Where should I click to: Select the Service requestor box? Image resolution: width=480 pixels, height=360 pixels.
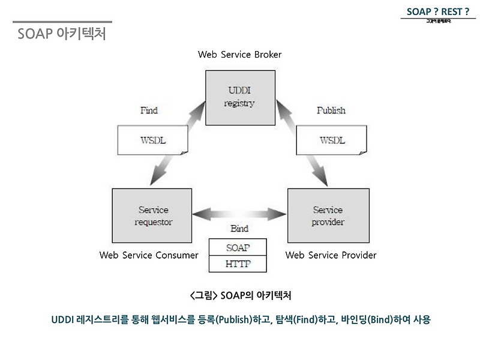pyautogui.click(x=154, y=216)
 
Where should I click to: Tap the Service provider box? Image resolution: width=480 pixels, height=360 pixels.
pyautogui.click(x=328, y=216)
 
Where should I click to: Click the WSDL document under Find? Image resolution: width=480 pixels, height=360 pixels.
pyautogui.click(x=153, y=140)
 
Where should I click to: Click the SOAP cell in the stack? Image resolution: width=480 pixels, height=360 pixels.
pyautogui.click(x=238, y=247)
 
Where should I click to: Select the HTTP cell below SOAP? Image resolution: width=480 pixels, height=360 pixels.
pyautogui.click(x=238, y=263)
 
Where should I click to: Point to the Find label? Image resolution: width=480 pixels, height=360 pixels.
pyautogui.click(x=149, y=110)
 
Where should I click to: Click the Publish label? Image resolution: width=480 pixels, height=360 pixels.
pyautogui.click(x=331, y=110)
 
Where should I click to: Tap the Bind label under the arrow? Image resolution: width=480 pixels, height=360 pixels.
pyautogui.click(x=239, y=229)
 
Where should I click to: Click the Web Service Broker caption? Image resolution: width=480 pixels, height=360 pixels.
pyautogui.click(x=239, y=55)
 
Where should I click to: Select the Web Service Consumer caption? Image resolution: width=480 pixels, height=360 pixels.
pyautogui.click(x=149, y=256)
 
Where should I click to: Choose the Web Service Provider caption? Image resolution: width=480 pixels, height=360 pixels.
pyautogui.click(x=331, y=256)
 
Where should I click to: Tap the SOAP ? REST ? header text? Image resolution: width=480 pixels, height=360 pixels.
pyautogui.click(x=437, y=10)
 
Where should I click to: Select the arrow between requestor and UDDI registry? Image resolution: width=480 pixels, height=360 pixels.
pyautogui.click(x=174, y=147)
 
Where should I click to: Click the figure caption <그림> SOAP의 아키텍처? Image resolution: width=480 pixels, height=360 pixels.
pyautogui.click(x=240, y=296)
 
